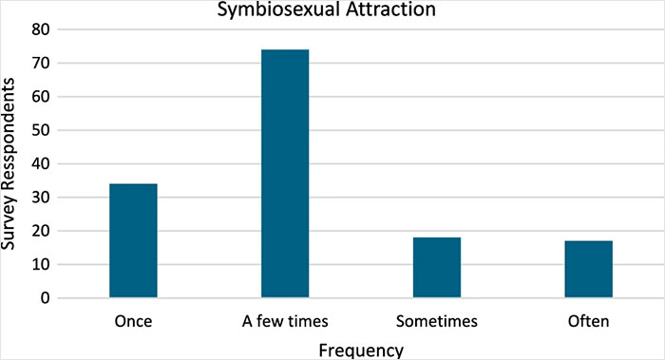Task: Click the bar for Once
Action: (x=133, y=241)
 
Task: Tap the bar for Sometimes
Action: (x=437, y=268)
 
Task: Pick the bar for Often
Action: (x=589, y=270)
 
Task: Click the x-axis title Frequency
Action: (x=360, y=349)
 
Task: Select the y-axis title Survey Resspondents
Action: (x=12, y=163)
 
